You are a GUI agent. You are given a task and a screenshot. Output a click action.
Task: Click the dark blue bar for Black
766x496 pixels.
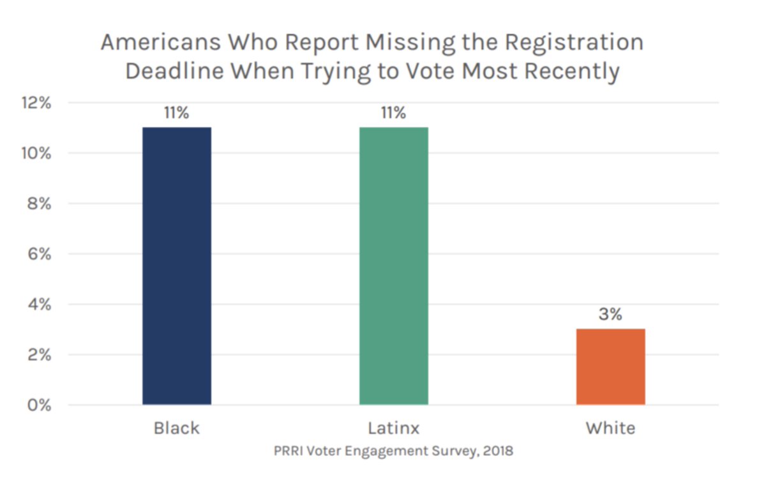pos(177,266)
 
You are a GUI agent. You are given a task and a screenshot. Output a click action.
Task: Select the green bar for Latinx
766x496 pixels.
pos(393,266)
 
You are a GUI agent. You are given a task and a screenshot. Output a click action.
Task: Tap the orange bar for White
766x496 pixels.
pos(610,366)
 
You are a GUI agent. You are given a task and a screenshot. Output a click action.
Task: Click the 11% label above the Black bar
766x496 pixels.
pos(177,114)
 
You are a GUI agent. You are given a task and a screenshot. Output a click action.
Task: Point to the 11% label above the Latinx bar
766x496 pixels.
pos(393,114)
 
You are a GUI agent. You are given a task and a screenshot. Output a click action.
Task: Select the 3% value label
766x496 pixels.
pos(610,315)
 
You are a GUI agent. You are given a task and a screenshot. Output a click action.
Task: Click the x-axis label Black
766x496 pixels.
pos(177,428)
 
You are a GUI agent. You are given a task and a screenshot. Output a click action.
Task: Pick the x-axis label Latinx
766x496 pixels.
pos(393,428)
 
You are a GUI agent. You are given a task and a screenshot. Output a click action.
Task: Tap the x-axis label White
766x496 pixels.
pos(610,428)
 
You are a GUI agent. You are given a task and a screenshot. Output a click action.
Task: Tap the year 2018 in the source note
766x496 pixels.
pos(499,451)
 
